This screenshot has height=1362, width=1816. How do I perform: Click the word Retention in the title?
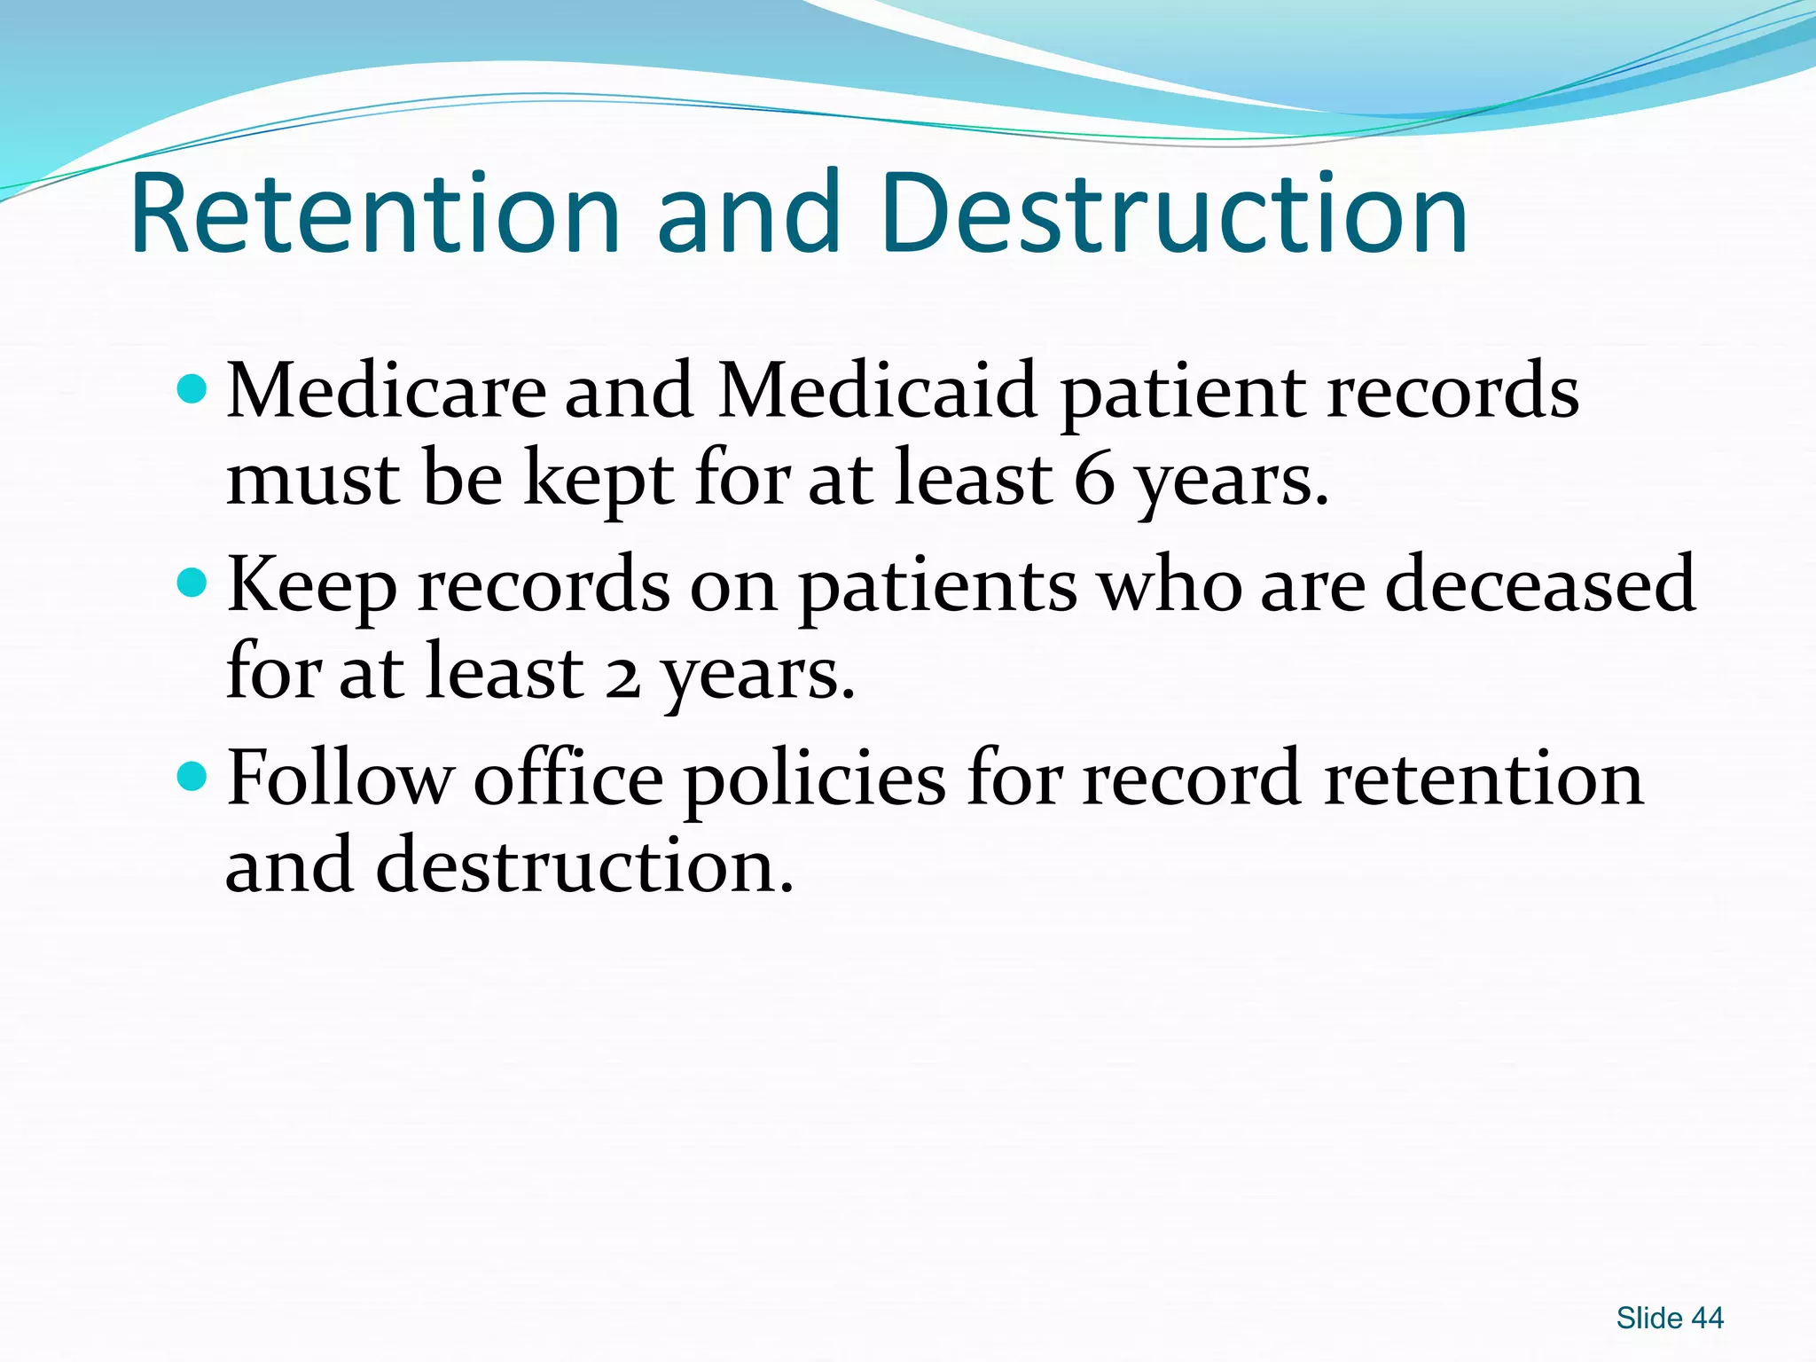(x=374, y=214)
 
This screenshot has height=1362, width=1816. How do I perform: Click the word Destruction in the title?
(x=1174, y=214)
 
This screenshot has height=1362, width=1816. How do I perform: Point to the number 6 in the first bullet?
(x=1093, y=479)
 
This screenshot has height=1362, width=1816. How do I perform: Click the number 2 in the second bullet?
(x=622, y=674)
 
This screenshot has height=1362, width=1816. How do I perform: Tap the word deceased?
(x=1540, y=585)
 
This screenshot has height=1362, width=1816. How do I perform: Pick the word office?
(x=568, y=779)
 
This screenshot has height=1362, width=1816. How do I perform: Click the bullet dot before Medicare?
(x=192, y=388)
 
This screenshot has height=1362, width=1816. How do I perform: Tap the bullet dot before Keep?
(x=192, y=583)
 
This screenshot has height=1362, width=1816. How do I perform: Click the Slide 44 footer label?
(x=1669, y=1319)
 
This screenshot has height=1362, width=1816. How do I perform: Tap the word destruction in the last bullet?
(x=584, y=865)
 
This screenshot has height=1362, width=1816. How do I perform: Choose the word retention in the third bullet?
(x=1483, y=779)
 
